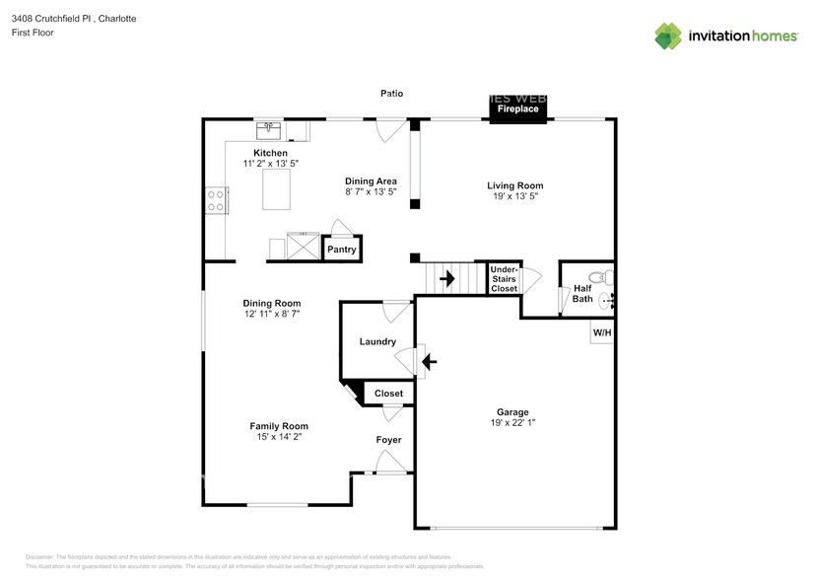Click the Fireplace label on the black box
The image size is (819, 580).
[516, 109]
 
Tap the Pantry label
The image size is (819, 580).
[341, 251]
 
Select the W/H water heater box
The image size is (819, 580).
[601, 332]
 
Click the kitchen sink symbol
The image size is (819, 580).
[269, 130]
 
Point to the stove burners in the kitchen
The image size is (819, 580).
[214, 200]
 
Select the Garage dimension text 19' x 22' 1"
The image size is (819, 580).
[512, 422]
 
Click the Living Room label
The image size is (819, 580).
[515, 185]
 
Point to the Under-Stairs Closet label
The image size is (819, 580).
[504, 278]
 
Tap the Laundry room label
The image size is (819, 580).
[377, 342]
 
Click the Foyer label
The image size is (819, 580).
[388, 439]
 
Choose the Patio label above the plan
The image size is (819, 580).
[391, 94]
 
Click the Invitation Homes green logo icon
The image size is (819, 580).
[668, 36]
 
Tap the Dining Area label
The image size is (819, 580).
[371, 181]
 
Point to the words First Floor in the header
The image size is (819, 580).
[34, 33]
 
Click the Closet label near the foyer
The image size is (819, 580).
[388, 394]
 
